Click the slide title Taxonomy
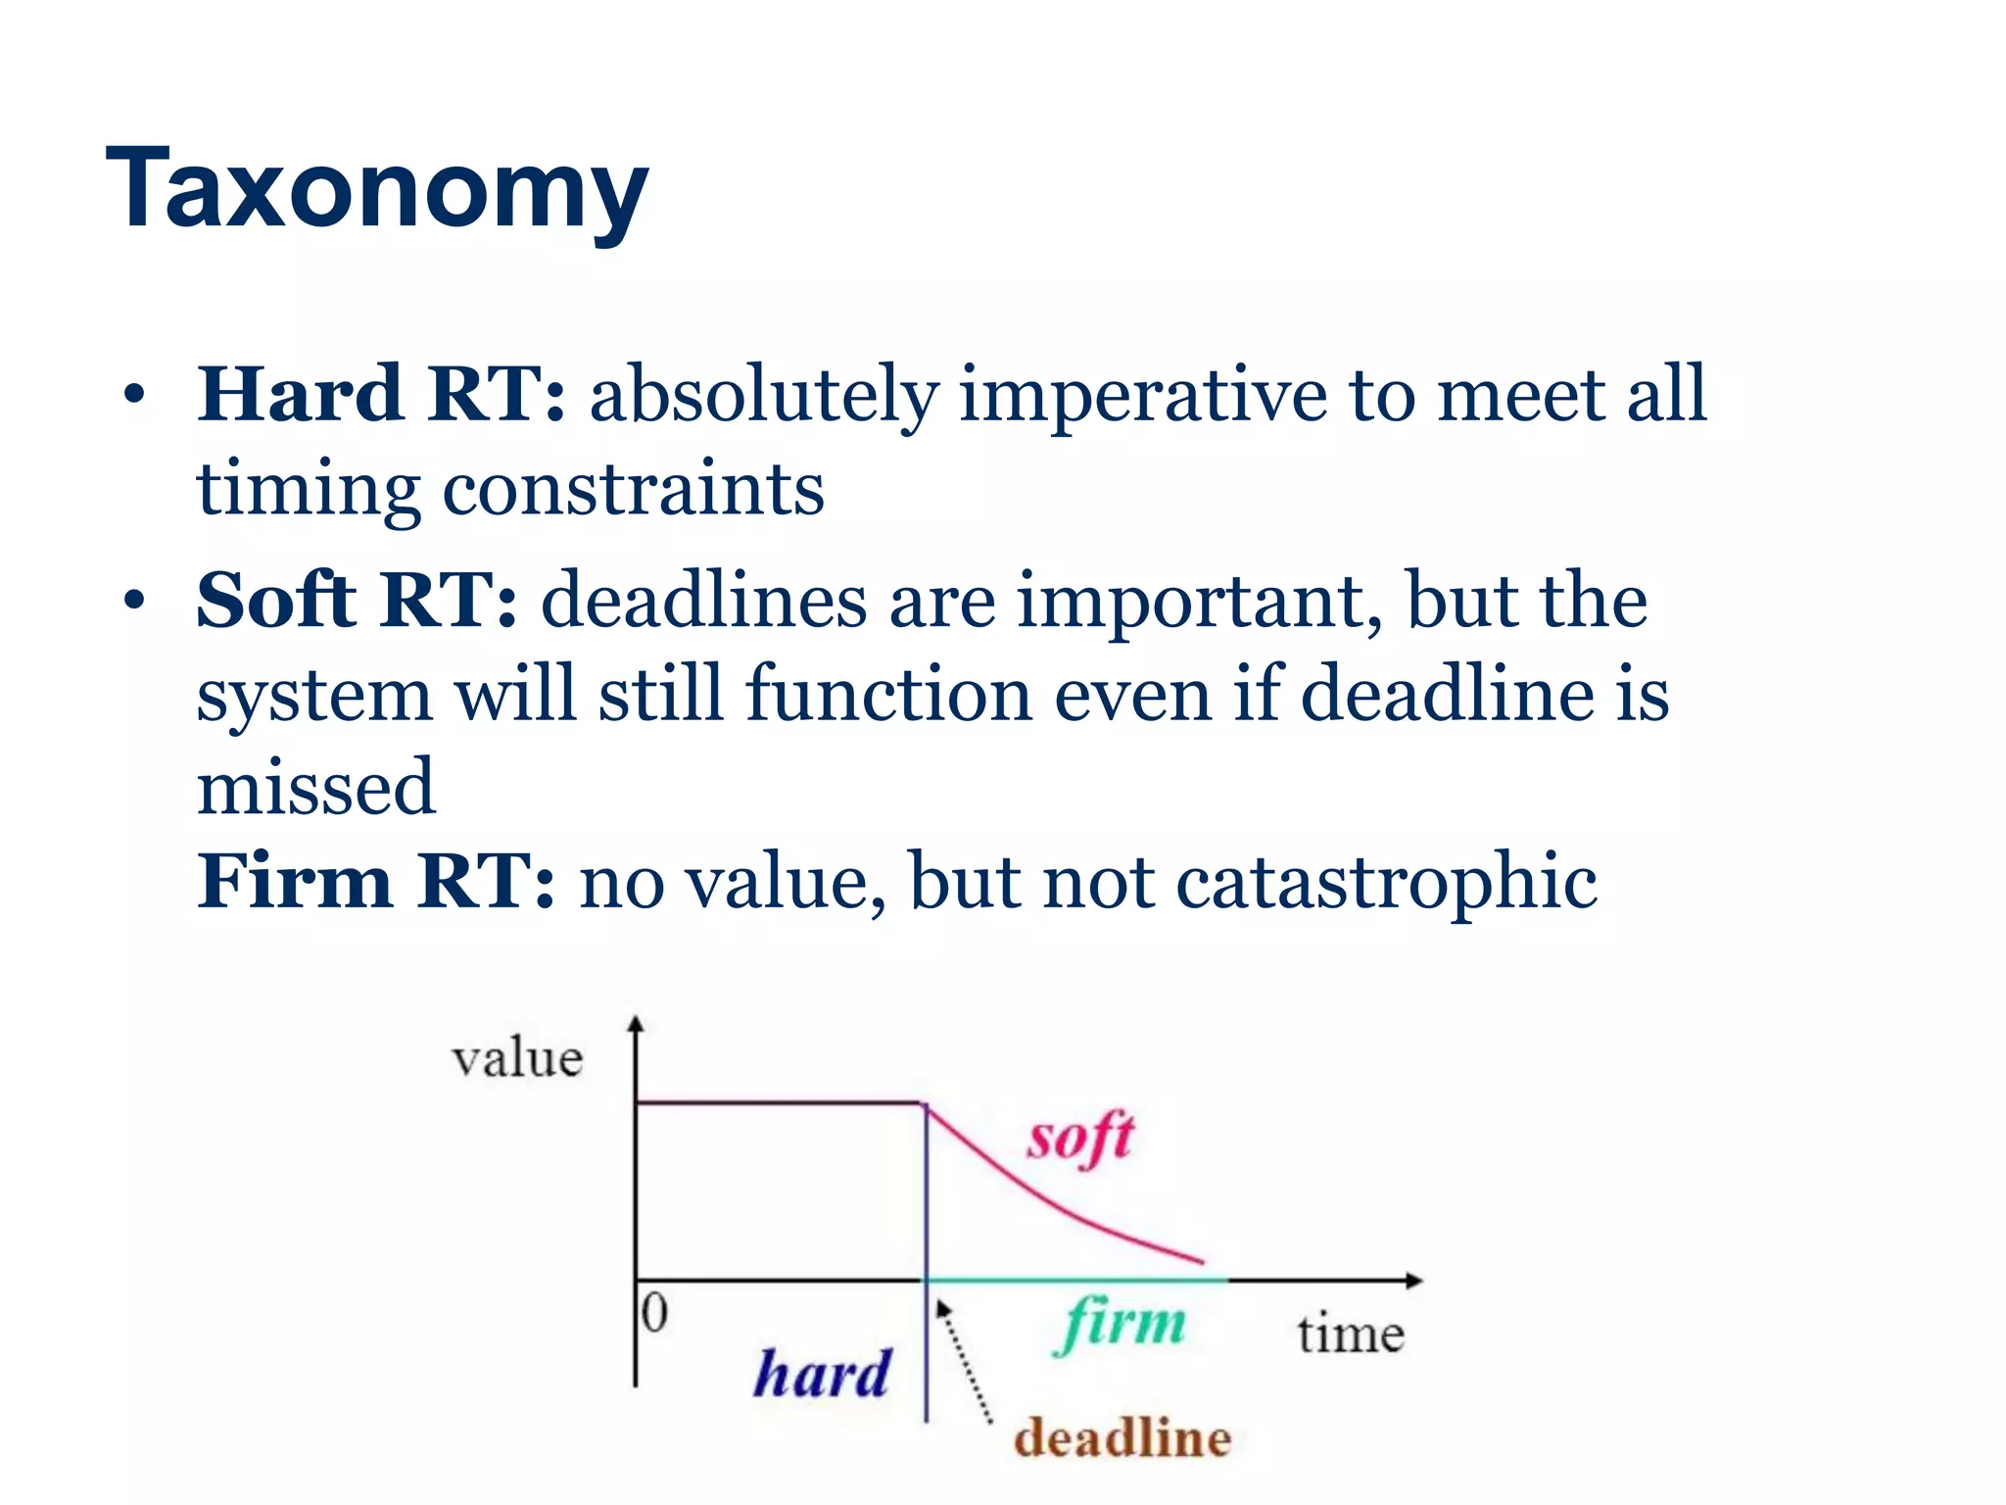tap(377, 188)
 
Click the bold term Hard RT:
tap(380, 394)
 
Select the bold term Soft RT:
tap(356, 600)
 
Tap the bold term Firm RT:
tap(375, 881)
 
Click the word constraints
tap(633, 489)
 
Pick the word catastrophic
tap(1385, 883)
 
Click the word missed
tap(315, 787)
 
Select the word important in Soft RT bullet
tap(1200, 601)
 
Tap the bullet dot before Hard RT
tap(134, 396)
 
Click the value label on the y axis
tap(517, 1058)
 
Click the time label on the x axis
tap(1351, 1335)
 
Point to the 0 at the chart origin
tap(654, 1312)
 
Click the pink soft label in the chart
tap(1079, 1139)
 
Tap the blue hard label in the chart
tap(821, 1373)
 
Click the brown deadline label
tap(1122, 1438)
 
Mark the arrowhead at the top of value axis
tap(636, 1024)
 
